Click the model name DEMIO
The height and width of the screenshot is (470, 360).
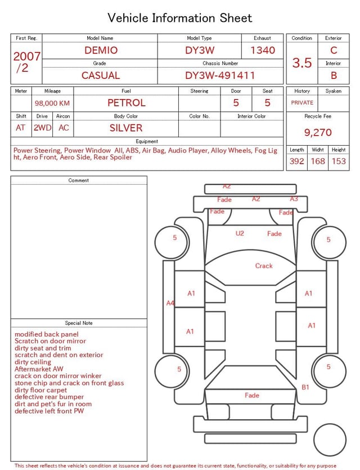pyautogui.click(x=101, y=50)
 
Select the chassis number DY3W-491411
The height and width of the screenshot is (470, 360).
pyautogui.click(x=220, y=75)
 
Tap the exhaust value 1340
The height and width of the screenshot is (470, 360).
pyautogui.click(x=263, y=50)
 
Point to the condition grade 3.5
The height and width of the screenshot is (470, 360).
pyautogui.click(x=302, y=63)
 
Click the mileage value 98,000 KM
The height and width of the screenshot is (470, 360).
pyautogui.click(x=52, y=103)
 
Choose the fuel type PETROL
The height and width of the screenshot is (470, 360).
pyautogui.click(x=126, y=102)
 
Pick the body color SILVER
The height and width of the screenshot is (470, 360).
pyautogui.click(x=126, y=128)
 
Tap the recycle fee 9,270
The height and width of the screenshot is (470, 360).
pyautogui.click(x=318, y=133)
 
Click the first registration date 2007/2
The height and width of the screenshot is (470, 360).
pyautogui.click(x=26, y=62)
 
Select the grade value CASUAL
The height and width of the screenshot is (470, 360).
pyautogui.click(x=101, y=75)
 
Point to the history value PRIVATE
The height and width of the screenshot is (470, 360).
pyautogui.click(x=302, y=103)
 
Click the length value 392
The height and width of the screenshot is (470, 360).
pyautogui.click(x=296, y=161)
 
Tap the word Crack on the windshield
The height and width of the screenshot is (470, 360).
pyautogui.click(x=264, y=266)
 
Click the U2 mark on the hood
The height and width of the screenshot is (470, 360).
pyautogui.click(x=240, y=233)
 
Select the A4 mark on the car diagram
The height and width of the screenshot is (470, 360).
pyautogui.click(x=170, y=303)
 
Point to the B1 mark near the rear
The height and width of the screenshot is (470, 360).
pyautogui.click(x=305, y=387)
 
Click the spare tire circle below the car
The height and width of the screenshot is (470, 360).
pyautogui.click(x=330, y=440)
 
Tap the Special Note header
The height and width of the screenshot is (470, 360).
pyautogui.click(x=79, y=323)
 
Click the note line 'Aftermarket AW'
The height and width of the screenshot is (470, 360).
pyautogui.click(x=39, y=369)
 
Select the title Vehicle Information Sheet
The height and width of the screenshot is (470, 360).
pyautogui.click(x=180, y=18)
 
